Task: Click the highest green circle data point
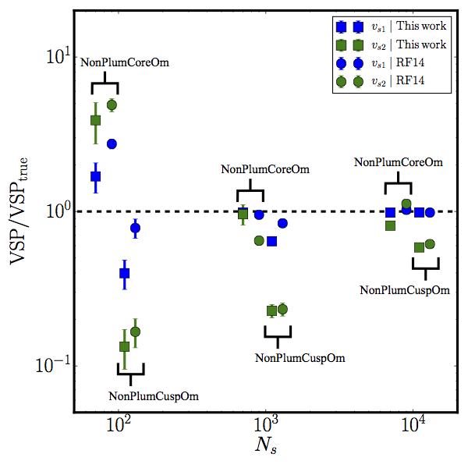tap(112, 105)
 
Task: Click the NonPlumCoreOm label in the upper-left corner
tap(125, 61)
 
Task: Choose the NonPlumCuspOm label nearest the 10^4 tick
tap(405, 289)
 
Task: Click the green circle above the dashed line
tap(406, 204)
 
